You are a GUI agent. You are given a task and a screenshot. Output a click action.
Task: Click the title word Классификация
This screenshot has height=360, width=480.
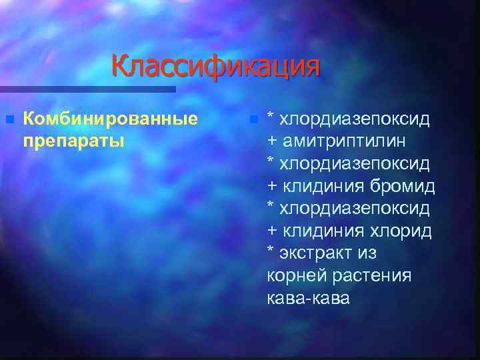click(215, 67)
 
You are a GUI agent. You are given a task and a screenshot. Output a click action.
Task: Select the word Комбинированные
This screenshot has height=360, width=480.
click(110, 119)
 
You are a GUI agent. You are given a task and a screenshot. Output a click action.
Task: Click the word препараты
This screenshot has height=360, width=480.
click(73, 141)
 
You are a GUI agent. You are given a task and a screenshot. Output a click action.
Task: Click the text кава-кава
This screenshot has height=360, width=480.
click(307, 298)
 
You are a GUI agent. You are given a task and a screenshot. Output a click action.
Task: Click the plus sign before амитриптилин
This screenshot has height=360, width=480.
click(272, 141)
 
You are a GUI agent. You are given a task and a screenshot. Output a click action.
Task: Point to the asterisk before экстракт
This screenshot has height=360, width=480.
click(271, 251)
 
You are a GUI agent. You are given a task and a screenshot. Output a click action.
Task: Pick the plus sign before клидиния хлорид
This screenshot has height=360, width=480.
click(272, 231)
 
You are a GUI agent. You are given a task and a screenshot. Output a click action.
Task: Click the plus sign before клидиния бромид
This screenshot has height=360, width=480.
click(272, 186)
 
